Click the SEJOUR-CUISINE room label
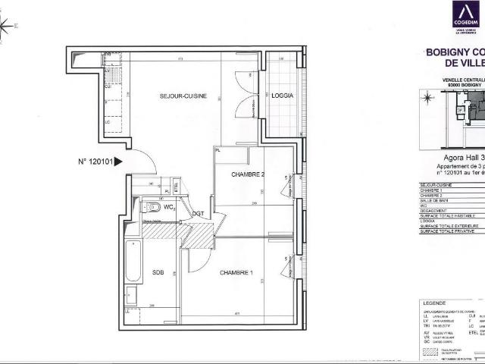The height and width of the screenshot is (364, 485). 178,96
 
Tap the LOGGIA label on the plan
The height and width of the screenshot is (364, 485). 282,96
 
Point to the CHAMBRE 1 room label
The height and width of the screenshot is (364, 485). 236,271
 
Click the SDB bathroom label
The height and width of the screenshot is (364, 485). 158,271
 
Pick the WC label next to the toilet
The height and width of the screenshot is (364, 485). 171,206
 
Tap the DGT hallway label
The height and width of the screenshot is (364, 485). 198,214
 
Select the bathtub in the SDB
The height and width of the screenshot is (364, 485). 133,261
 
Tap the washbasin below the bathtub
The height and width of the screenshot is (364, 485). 132,297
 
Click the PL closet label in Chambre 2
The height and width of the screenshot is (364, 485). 217,151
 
